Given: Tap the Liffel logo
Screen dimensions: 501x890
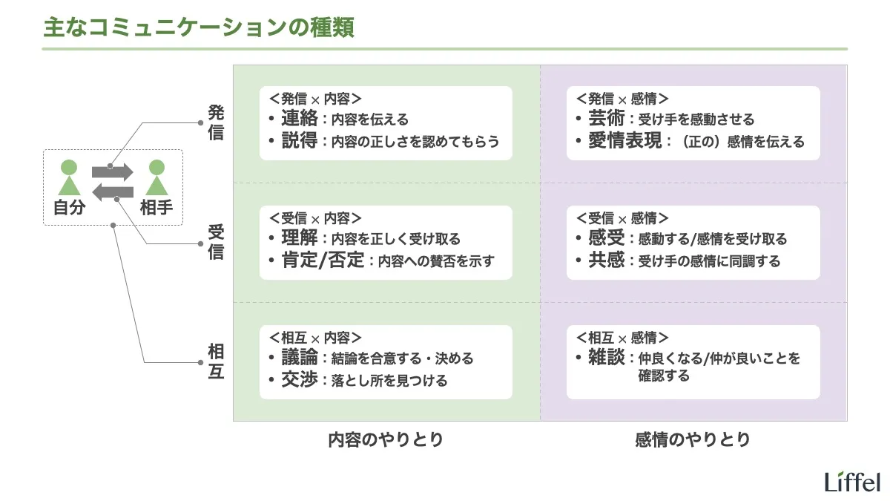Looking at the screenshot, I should click(x=852, y=482).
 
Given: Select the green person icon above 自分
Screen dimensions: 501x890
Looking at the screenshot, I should click(x=68, y=177).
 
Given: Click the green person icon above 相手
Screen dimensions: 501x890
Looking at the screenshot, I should click(x=156, y=177).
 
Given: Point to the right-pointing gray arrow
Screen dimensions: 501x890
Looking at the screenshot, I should click(x=112, y=171).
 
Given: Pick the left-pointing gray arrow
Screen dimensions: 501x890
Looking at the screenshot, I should click(x=113, y=193).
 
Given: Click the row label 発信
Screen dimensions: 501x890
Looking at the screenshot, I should click(x=216, y=123).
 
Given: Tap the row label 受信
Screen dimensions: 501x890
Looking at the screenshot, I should click(x=216, y=241).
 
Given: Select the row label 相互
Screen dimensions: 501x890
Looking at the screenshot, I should click(x=216, y=361).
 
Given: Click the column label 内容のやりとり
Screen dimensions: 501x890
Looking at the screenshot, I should click(x=386, y=439).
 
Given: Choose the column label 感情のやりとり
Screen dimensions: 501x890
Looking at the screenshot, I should click(x=693, y=439).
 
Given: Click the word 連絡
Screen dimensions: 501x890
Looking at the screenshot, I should click(x=299, y=119).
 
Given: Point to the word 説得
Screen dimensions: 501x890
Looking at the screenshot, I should click(x=299, y=140).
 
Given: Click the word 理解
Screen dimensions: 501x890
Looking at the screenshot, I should click(x=299, y=238).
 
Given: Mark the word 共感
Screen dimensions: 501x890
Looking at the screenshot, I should click(x=606, y=261).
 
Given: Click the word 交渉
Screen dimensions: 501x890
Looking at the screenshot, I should click(x=299, y=380).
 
